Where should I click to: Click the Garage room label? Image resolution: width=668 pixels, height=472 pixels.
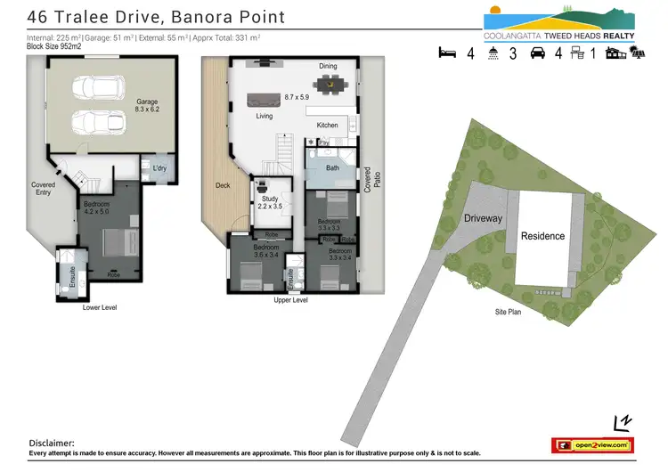147,102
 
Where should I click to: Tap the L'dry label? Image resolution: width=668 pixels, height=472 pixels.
160,168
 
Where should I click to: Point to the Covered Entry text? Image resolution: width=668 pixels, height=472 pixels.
43,189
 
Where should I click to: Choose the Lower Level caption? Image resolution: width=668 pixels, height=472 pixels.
99,307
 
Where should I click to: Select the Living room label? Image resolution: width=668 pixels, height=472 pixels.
265,116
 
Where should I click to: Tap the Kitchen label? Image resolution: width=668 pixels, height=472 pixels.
327,126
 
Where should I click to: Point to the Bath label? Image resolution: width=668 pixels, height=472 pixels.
332,167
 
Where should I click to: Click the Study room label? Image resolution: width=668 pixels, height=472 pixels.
269,199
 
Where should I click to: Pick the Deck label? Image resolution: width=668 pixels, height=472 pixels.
223,185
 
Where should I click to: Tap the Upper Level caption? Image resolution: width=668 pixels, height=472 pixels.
290,301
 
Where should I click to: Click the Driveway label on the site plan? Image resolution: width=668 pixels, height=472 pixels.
483,218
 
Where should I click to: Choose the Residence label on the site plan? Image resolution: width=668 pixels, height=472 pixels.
542,236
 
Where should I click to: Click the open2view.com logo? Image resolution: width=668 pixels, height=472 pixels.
592,444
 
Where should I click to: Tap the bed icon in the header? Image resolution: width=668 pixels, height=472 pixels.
447,53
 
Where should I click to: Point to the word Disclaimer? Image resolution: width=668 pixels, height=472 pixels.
52,443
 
